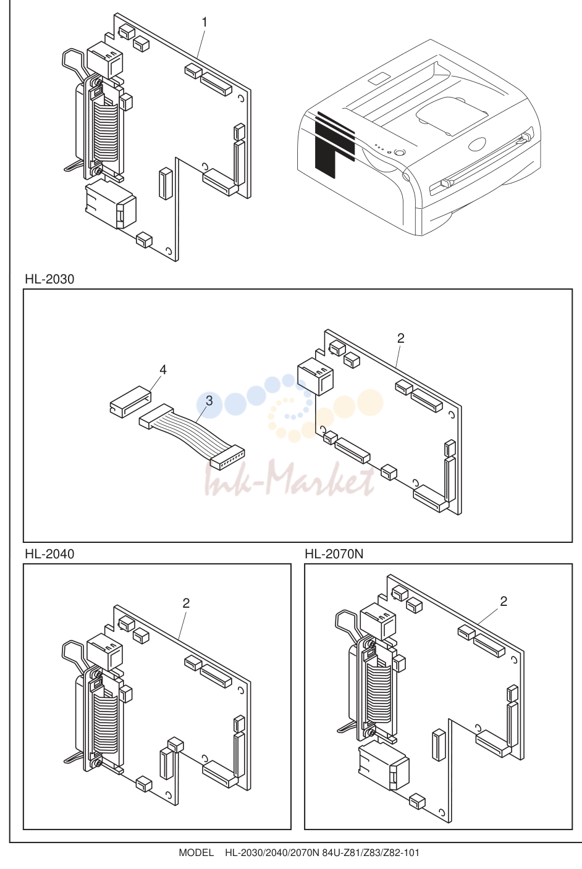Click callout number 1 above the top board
pyautogui.click(x=204, y=22)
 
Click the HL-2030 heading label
pyautogui.click(x=49, y=279)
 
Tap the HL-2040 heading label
pyautogui.click(x=49, y=554)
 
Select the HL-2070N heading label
pyautogui.click(x=334, y=554)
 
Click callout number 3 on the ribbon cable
pyautogui.click(x=209, y=401)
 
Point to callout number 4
pyautogui.click(x=163, y=370)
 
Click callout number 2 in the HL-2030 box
pyautogui.click(x=401, y=338)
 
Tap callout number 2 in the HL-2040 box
pyautogui.click(x=186, y=603)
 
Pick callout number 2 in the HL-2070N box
pyautogui.click(x=504, y=602)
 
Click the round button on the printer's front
pyautogui.click(x=399, y=152)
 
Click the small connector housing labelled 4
pyautogui.click(x=129, y=402)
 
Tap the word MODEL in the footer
pyautogui.click(x=196, y=853)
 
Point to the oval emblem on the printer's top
pyautogui.click(x=476, y=145)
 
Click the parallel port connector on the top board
pyautogui.click(x=102, y=128)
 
